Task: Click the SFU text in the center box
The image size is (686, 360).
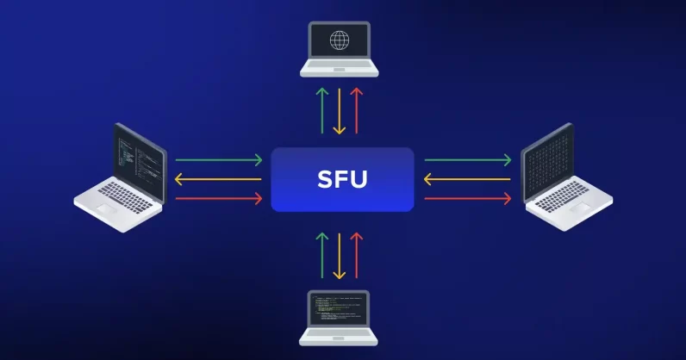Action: tap(342, 180)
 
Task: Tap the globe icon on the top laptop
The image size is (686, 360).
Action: tap(339, 40)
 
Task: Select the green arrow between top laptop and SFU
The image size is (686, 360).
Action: tap(322, 109)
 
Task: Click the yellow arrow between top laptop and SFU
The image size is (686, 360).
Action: tap(340, 109)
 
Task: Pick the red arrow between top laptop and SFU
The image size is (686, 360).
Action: tap(357, 109)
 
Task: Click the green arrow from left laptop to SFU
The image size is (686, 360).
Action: tap(218, 159)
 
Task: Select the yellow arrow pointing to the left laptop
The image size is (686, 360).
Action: tap(218, 179)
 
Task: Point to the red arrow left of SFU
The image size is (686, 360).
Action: tap(218, 199)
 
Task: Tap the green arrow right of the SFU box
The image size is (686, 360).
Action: tap(468, 159)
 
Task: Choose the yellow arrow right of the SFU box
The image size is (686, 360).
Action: tap(468, 179)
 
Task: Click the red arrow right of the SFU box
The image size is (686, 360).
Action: tap(468, 199)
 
